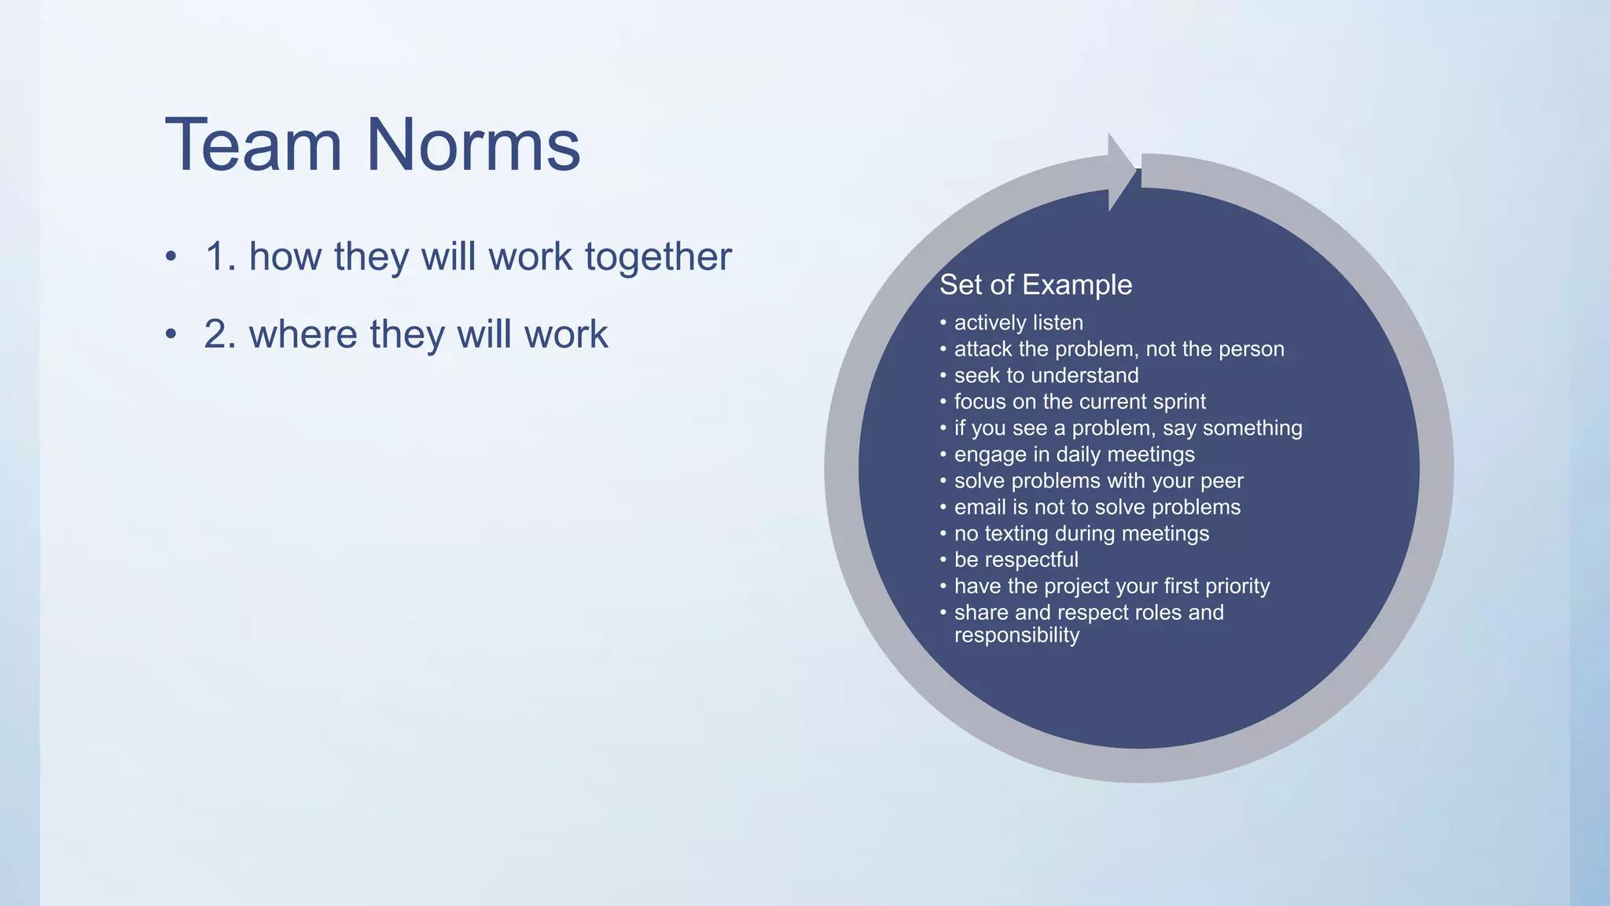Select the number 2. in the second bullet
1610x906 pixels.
click(220, 334)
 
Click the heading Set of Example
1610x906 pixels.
click(1035, 285)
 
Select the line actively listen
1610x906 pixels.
click(1018, 322)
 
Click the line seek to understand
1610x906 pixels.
click(1046, 375)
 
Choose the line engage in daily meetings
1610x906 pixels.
click(1074, 455)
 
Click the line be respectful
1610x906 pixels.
click(1016, 560)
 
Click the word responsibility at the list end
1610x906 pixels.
click(1016, 635)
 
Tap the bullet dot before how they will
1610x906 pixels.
click(171, 257)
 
